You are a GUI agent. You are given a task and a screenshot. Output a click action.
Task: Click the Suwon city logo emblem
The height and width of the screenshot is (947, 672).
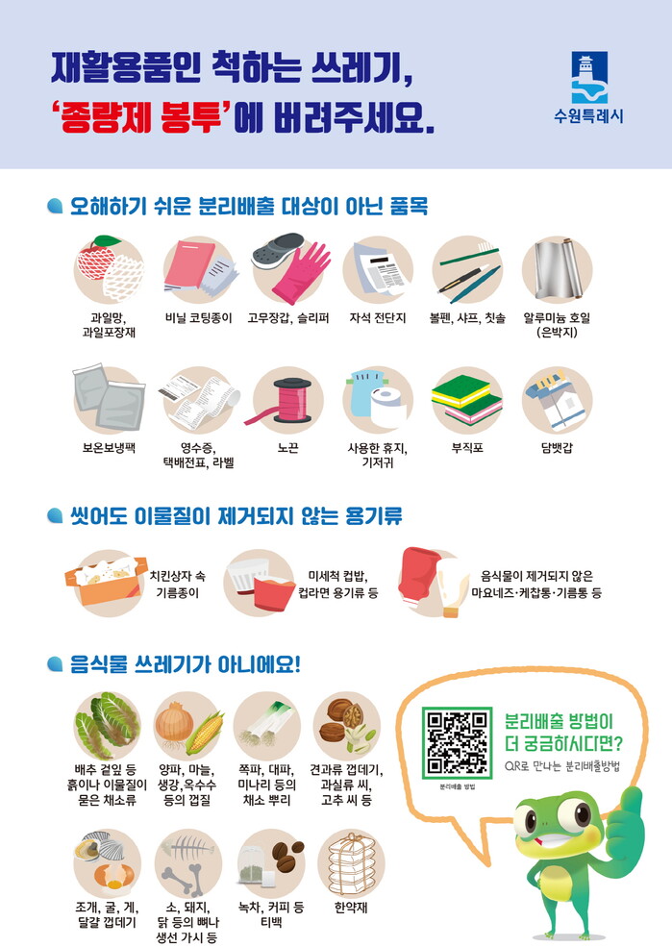click(589, 77)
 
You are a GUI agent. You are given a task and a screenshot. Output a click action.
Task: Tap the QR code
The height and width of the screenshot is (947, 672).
click(457, 743)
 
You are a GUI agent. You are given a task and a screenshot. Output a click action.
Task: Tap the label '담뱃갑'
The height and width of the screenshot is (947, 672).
click(557, 448)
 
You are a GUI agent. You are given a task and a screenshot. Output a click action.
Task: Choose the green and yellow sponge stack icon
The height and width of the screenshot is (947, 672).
click(467, 399)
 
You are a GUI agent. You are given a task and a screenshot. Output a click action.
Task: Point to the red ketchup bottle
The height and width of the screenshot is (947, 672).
click(419, 580)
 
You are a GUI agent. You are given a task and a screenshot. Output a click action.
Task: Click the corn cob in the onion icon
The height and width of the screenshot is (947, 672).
click(206, 734)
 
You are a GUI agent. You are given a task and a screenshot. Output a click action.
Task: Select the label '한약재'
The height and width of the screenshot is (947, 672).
click(351, 908)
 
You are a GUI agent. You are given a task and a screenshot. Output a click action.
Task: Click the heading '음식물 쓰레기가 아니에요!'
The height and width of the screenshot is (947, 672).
click(186, 665)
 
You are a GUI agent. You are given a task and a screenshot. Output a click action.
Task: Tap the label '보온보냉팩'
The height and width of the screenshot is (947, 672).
click(109, 448)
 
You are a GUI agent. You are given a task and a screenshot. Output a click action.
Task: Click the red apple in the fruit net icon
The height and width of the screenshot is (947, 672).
click(95, 259)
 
